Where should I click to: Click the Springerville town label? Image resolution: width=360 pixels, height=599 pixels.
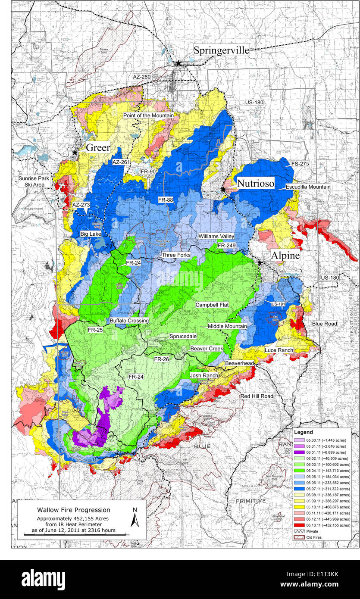click(x=221, y=50)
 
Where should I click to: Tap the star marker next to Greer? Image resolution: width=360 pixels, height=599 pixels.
click(x=75, y=153)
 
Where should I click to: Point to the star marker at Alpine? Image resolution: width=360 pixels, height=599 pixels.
click(x=260, y=262)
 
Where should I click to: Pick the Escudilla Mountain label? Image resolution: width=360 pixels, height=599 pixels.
click(x=308, y=187)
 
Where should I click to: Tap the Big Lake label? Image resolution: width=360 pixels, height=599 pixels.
click(x=91, y=234)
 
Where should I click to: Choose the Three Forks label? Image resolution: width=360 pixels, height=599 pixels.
click(x=176, y=255)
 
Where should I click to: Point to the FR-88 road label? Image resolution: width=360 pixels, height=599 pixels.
click(x=166, y=200)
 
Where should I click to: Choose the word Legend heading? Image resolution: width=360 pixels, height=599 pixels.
click(x=304, y=431)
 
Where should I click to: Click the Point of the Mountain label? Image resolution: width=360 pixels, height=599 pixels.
click(x=148, y=115)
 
